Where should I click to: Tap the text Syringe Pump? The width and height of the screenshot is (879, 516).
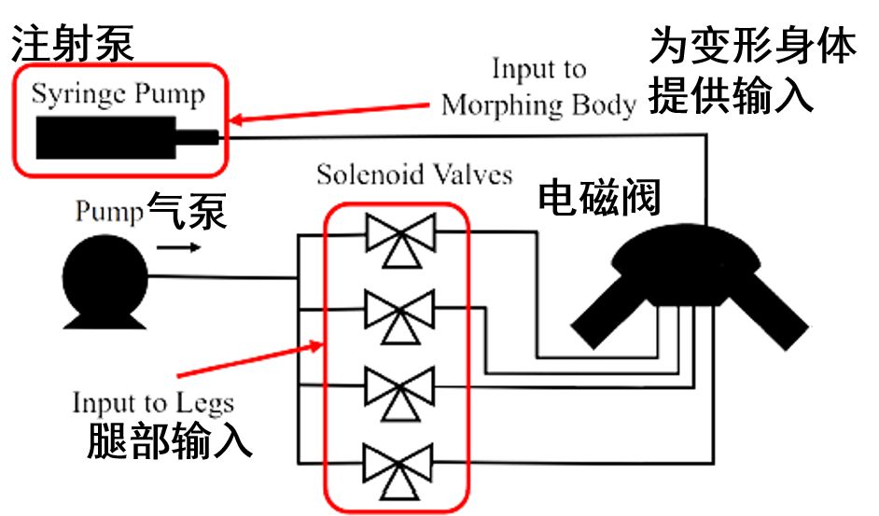coord(118,94)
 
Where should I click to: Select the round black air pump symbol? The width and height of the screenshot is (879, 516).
coord(105,277)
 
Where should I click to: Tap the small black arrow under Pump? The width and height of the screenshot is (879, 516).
coord(176,248)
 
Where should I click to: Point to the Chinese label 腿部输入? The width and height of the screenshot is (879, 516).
coord(169,442)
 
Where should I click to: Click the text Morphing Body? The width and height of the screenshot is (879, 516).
coord(538,105)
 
